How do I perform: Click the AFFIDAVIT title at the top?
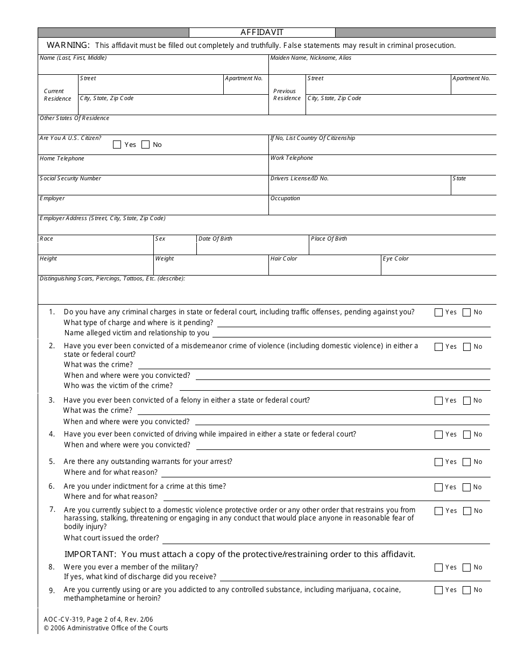262,32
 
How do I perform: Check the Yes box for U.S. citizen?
117,144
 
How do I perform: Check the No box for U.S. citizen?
145,144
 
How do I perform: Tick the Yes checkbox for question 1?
438,312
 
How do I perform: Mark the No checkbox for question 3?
466,400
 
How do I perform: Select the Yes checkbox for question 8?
438,567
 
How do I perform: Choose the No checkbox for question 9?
466,590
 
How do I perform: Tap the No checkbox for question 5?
466,462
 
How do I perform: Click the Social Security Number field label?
70,178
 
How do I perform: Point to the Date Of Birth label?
215,238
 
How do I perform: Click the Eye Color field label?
395,258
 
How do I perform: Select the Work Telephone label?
292,158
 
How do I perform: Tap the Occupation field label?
285,198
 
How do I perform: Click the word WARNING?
68,45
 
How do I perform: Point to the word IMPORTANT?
90,554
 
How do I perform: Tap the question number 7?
52,509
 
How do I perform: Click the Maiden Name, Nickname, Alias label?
310,58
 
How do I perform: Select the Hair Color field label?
283,258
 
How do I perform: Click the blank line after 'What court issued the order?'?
326,538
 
